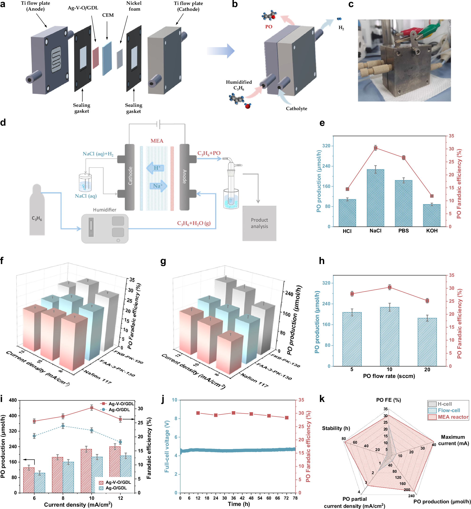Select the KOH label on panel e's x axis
pos(431,231)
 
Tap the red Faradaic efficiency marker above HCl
pos(347,189)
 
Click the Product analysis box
pos(259,223)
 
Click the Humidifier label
pos(105,210)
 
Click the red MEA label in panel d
pos(157,141)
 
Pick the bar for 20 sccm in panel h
pos(427,342)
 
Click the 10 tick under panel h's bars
pos(389,369)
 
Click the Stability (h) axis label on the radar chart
pos(336,428)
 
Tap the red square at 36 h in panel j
pos(233,413)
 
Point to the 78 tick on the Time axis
pos(295,498)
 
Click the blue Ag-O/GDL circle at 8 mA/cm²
pos(63,426)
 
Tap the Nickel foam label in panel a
pos(134,6)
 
